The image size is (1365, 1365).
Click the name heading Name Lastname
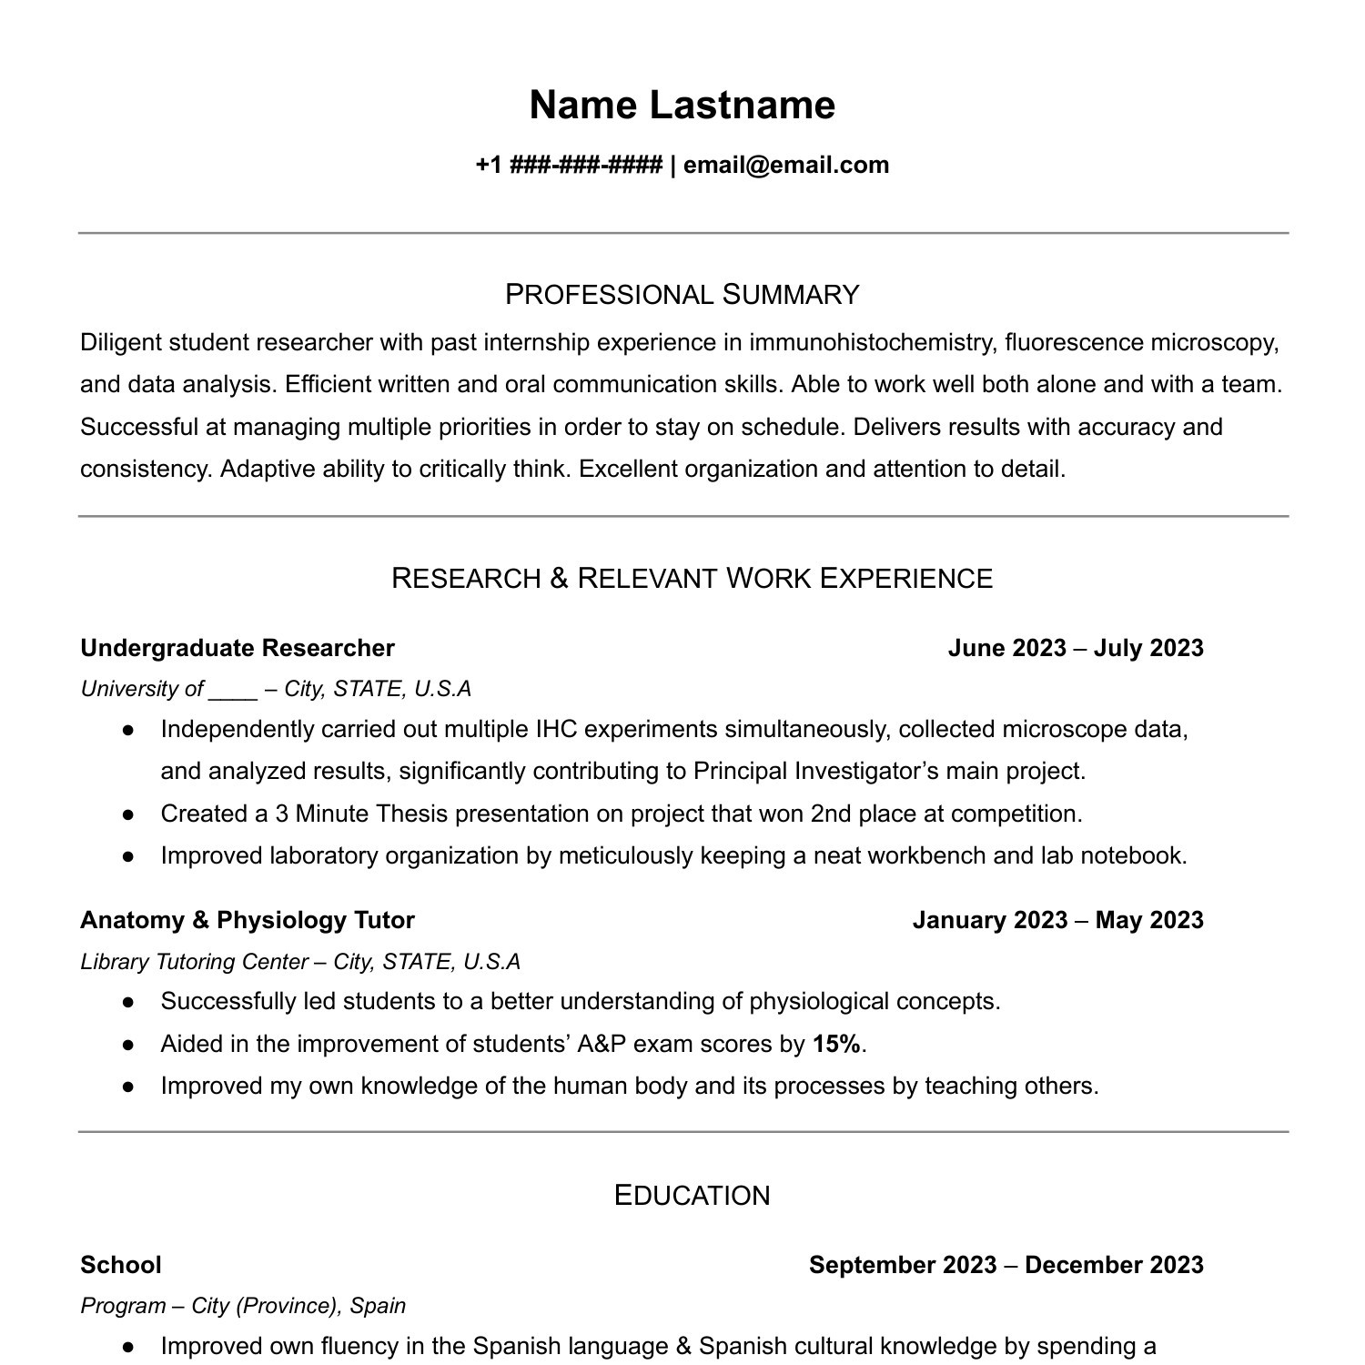pos(682,106)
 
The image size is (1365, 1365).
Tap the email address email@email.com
pos(786,166)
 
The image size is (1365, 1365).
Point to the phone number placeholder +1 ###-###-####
pos(568,166)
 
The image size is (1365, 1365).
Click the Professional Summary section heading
pos(682,295)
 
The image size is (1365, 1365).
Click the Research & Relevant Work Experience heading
pos(692,579)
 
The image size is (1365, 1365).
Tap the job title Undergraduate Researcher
pos(238,648)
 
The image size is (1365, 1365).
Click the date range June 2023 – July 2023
pos(1075,648)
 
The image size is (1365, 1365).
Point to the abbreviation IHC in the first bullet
pos(556,730)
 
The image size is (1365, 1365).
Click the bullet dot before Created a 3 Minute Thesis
pos(128,814)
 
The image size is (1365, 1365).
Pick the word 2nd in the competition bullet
pos(830,814)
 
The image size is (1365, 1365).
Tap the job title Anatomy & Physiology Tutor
pos(248,920)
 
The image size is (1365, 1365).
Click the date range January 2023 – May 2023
pos(1057,920)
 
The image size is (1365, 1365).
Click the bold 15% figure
pos(836,1045)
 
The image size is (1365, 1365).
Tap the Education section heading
pos(692,1196)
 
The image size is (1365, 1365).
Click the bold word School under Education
pos(121,1265)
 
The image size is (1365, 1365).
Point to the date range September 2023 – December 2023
pos(1006,1265)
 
